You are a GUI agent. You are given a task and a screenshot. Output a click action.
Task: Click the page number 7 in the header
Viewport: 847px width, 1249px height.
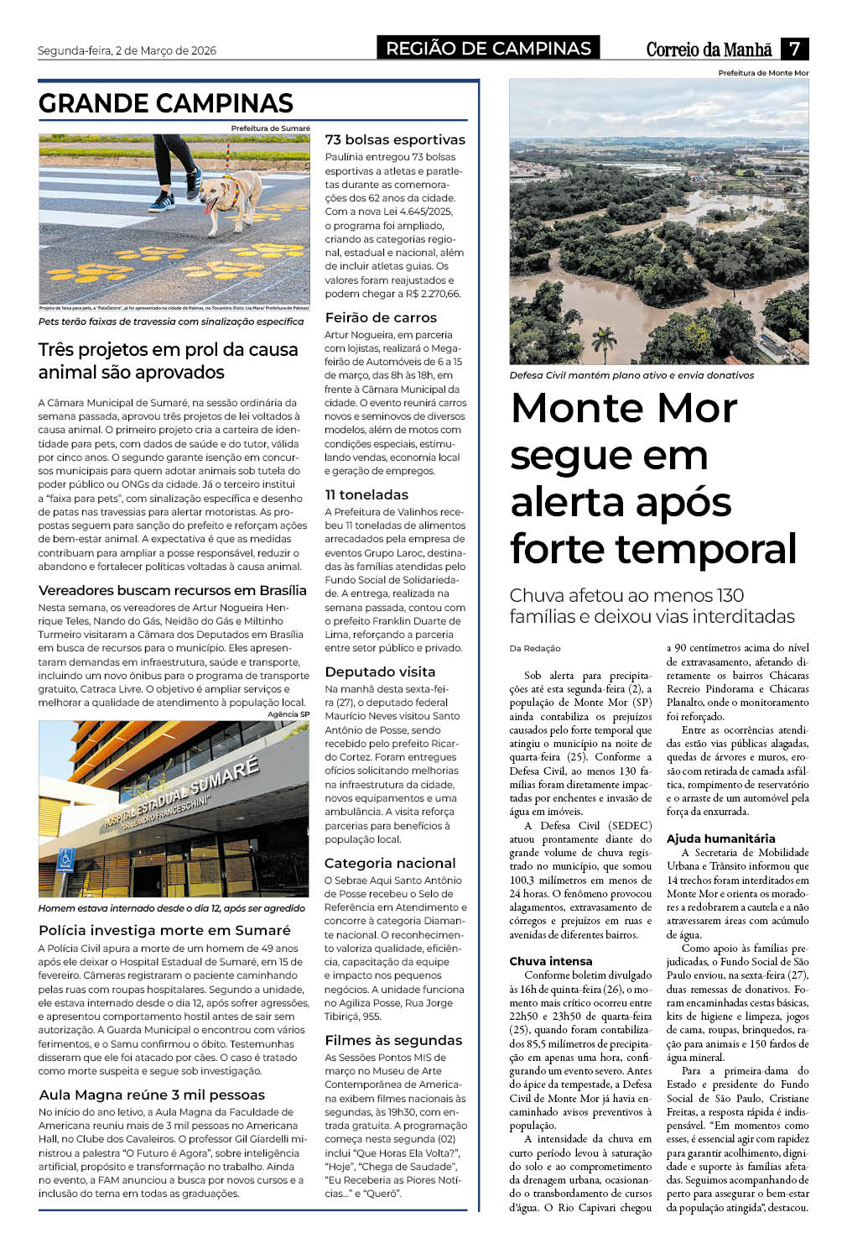[794, 49]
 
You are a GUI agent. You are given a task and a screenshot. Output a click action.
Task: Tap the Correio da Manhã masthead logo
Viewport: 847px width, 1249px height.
[709, 50]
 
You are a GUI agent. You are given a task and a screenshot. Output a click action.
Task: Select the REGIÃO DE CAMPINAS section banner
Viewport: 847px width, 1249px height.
[488, 49]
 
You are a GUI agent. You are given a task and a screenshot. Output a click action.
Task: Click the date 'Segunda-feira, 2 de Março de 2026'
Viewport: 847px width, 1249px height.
[127, 50]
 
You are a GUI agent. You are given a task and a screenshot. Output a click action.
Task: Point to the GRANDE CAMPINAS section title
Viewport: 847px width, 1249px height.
[166, 103]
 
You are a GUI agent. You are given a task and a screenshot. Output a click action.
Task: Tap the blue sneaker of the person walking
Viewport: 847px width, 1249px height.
[162, 201]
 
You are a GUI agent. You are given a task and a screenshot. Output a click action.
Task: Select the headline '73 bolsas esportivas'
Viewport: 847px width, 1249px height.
[394, 139]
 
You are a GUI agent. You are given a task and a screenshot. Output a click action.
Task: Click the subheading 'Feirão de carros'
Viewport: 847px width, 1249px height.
[381, 317]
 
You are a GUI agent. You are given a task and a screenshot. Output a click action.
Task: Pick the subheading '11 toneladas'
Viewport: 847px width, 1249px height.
[366, 494]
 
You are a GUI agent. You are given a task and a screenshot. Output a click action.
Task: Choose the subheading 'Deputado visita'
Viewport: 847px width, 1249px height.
[380, 672]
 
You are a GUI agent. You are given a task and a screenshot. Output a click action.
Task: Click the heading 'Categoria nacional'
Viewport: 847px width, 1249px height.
[390, 863]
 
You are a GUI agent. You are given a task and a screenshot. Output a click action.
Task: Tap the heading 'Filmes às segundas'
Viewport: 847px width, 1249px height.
[393, 1040]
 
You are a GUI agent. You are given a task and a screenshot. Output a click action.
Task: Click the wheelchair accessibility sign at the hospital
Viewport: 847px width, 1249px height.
[67, 860]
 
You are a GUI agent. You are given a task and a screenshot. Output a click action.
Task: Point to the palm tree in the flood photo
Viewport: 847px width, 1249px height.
[604, 340]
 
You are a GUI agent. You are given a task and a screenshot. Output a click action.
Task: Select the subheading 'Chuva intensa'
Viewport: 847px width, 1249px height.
[550, 961]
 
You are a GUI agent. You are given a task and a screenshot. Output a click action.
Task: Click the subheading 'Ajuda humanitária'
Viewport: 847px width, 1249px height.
[720, 839]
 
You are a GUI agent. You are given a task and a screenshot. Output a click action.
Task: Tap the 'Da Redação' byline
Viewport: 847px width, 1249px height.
[535, 648]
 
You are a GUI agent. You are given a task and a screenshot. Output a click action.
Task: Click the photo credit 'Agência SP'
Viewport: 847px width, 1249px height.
[288, 714]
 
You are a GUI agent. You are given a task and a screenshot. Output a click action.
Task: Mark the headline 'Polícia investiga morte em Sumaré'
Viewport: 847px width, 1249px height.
[164, 930]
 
